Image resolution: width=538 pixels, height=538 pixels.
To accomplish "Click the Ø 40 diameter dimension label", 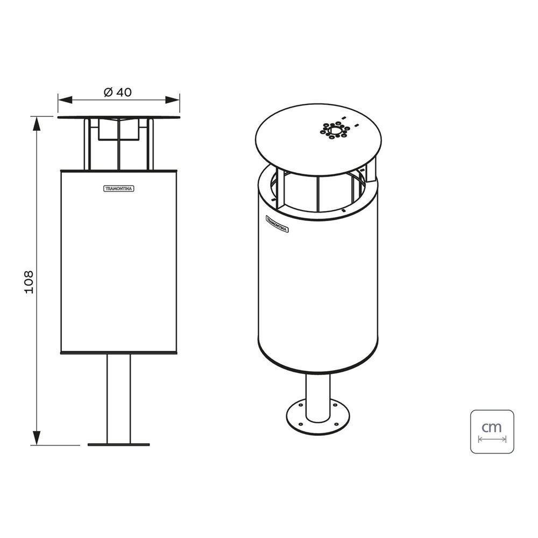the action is coord(118,93).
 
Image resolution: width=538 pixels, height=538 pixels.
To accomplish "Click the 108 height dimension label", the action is coord(29,282).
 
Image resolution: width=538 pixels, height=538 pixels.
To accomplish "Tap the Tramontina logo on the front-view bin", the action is coord(119,189).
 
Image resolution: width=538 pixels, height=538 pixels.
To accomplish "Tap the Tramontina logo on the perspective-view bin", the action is coord(277,224).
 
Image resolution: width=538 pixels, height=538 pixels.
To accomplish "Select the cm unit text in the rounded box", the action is coord(492,427).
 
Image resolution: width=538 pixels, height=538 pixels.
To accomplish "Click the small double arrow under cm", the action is coord(492,439).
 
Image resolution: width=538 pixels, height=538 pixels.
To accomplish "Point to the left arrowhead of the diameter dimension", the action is coord(65,100).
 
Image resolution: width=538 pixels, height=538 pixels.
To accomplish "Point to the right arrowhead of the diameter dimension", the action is coord(173,100).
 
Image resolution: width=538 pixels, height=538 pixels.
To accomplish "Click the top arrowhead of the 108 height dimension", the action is coord(36,124).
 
